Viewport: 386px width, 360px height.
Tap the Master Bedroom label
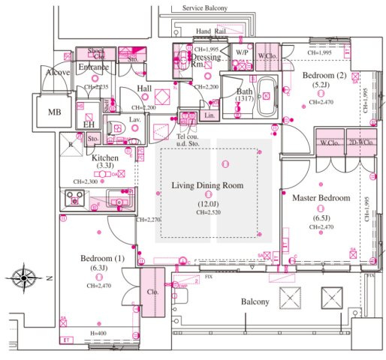(x=321, y=198)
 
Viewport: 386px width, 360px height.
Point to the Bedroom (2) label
(x=324, y=76)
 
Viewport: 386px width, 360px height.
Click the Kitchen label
(x=104, y=158)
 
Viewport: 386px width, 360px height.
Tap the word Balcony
(x=255, y=301)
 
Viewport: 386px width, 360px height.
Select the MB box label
(x=55, y=112)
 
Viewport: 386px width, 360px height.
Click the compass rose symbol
(x=24, y=277)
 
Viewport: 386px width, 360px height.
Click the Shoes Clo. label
(x=96, y=53)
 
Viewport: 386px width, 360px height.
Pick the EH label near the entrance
(x=89, y=124)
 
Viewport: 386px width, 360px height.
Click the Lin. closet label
(x=210, y=116)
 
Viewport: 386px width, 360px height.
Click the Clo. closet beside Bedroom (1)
(x=152, y=293)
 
